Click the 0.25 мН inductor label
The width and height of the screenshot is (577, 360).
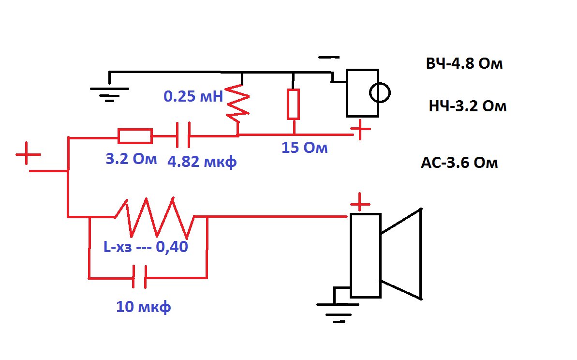click(x=193, y=96)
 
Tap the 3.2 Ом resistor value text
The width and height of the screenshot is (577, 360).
click(x=132, y=159)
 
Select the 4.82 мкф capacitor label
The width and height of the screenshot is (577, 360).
click(x=202, y=162)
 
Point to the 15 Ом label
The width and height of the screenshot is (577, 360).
click(x=304, y=148)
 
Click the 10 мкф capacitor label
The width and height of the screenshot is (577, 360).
click(x=144, y=307)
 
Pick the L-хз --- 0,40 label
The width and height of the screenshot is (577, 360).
click(x=146, y=247)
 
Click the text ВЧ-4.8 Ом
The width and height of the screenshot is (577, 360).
click(x=464, y=64)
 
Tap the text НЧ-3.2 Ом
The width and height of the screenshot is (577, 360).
click(x=468, y=106)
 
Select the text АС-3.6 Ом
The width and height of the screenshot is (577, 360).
click(x=459, y=162)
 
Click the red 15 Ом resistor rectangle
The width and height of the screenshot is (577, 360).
click(x=293, y=104)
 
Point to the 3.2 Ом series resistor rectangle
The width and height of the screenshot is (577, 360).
click(x=135, y=136)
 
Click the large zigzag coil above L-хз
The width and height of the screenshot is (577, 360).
click(x=155, y=217)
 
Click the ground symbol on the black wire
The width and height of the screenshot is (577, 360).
click(x=110, y=93)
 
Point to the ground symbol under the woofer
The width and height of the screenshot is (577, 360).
click(x=338, y=312)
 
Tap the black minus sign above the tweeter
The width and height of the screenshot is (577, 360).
click(x=329, y=58)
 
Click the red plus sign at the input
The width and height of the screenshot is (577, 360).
click(x=28, y=153)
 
